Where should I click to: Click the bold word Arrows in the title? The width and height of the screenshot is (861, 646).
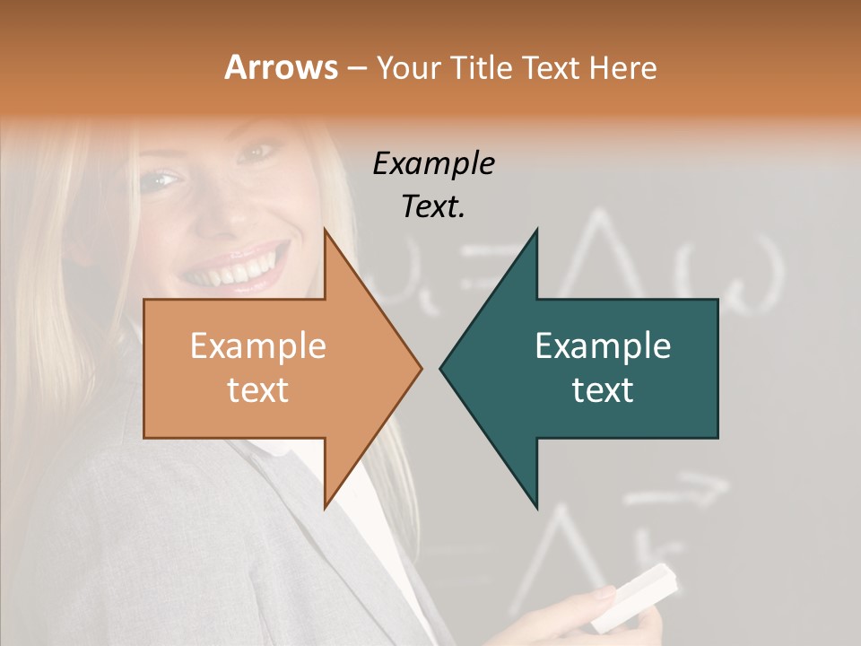click(281, 67)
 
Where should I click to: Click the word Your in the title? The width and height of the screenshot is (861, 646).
click(408, 67)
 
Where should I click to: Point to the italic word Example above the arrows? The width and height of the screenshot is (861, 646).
click(433, 163)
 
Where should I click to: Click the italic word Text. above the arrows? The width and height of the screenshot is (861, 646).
click(433, 206)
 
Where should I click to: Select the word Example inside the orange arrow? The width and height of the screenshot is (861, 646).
click(257, 346)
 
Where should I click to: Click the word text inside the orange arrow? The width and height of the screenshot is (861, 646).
click(257, 390)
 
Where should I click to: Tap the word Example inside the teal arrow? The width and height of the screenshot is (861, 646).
click(603, 346)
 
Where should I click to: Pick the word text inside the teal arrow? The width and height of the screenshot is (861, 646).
click(603, 390)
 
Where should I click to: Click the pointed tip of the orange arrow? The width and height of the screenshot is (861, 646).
click(419, 368)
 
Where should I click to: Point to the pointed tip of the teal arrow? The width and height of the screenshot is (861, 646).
click(443, 368)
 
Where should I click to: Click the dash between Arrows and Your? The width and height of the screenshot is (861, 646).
click(356, 68)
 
